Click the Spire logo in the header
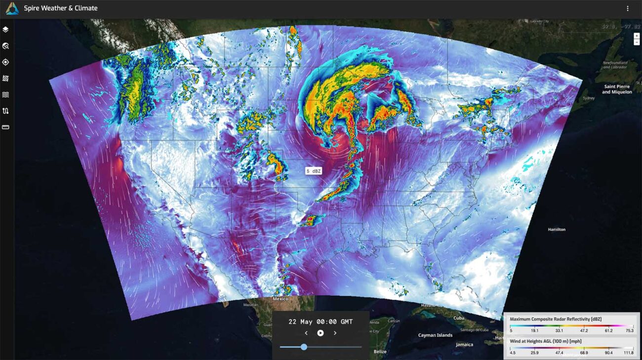[x=12, y=8]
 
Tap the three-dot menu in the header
[x=628, y=8]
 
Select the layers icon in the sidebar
[x=5, y=30]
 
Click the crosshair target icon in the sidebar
[x=5, y=62]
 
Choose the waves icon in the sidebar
[x=5, y=95]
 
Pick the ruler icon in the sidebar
[x=5, y=127]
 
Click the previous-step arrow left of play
[x=306, y=333]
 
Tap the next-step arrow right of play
[x=335, y=333]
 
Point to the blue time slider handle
[x=304, y=347]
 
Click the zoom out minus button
[x=637, y=42]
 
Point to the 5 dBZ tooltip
[x=314, y=171]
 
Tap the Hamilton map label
[x=557, y=230]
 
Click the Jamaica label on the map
[x=464, y=345]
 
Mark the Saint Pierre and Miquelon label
[x=617, y=89]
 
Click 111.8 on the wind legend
[x=628, y=353]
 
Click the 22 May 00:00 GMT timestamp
[x=321, y=321]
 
